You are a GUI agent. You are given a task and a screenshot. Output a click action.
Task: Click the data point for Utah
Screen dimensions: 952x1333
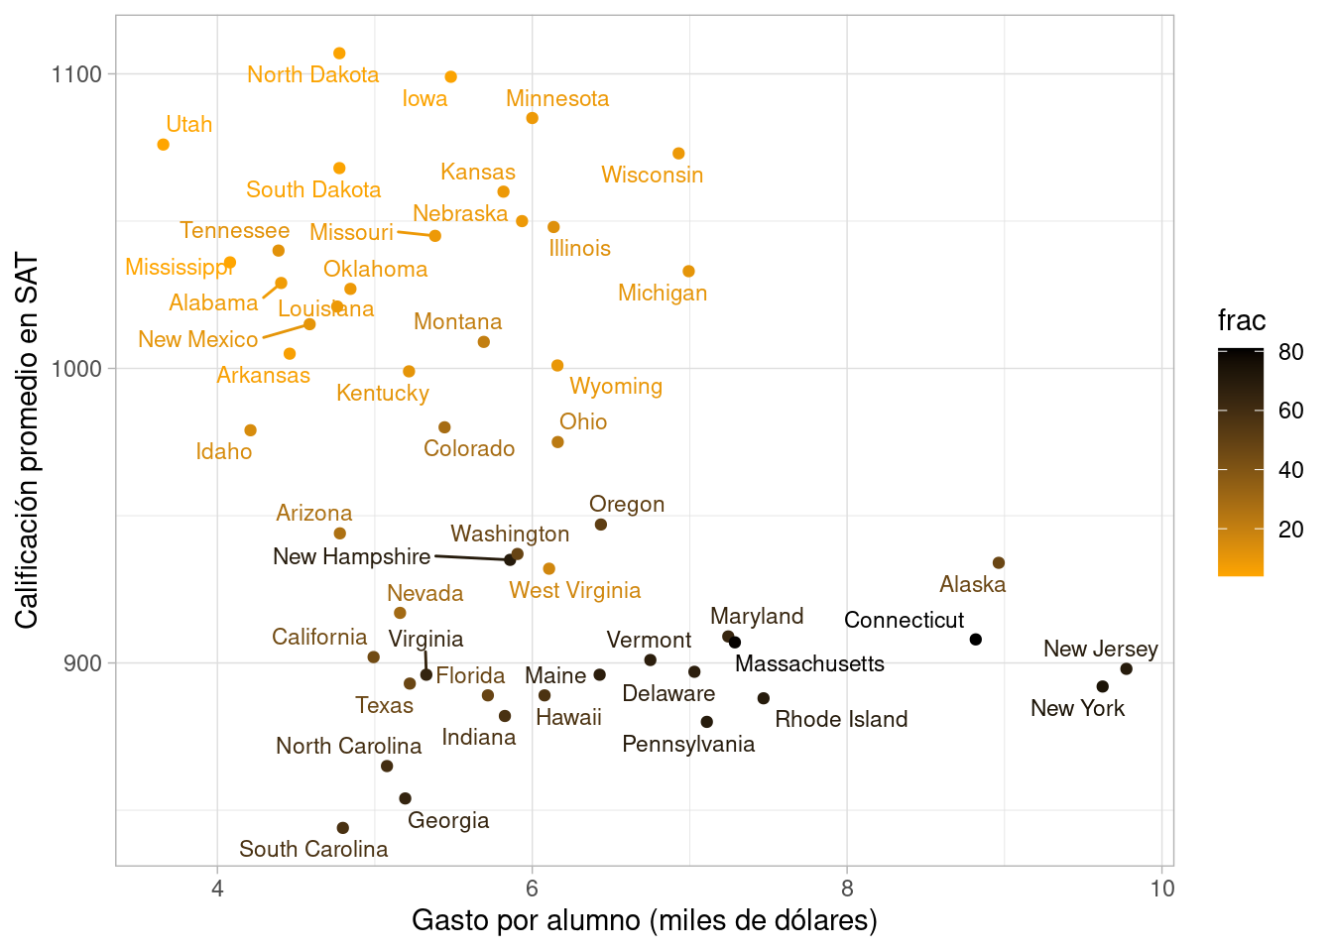(164, 145)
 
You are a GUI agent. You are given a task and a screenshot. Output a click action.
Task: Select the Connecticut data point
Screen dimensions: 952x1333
(976, 640)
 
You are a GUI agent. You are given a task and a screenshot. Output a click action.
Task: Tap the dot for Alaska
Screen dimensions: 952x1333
(999, 563)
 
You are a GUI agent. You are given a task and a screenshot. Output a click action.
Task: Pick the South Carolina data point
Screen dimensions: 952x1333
(343, 828)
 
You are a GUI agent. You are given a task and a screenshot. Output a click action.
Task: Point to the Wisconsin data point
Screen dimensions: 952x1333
(678, 154)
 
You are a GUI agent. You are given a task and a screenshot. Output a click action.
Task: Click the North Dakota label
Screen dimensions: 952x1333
(312, 75)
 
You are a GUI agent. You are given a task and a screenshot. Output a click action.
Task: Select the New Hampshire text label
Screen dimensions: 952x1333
(352, 557)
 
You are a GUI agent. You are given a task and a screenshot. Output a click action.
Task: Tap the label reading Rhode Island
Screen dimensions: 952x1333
(841, 720)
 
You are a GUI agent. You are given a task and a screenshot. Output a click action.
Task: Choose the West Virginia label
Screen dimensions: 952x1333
(575, 591)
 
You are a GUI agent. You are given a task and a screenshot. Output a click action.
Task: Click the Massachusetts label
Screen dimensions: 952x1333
(809, 664)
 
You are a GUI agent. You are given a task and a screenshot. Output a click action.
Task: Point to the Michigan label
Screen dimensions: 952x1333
(663, 294)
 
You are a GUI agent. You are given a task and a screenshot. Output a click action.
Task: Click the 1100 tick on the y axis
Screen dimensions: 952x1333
(76, 74)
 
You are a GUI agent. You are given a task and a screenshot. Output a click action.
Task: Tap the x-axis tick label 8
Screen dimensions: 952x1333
(847, 889)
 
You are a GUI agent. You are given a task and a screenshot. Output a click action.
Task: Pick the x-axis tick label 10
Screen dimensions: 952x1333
(1162, 889)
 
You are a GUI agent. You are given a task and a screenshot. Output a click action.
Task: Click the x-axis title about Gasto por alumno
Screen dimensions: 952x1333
(645, 921)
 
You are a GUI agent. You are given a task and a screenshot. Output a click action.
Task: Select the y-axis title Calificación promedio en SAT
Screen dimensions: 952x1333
(28, 441)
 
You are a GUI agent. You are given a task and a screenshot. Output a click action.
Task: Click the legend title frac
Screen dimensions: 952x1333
(1242, 321)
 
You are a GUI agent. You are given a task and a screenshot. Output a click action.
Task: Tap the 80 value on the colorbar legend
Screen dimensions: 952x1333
(1291, 352)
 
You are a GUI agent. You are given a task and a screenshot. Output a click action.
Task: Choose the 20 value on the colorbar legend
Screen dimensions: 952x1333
(1291, 530)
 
